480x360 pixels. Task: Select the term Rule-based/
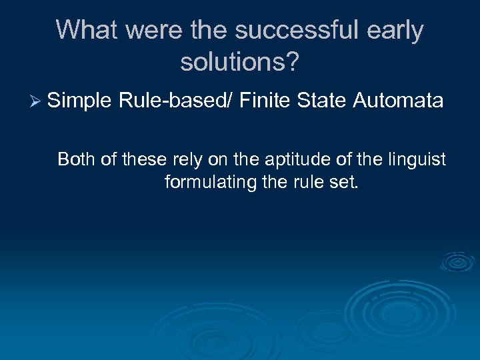[175, 101]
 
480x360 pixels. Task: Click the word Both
[75, 159]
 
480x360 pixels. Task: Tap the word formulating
[211, 181]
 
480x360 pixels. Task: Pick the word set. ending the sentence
[345, 181]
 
